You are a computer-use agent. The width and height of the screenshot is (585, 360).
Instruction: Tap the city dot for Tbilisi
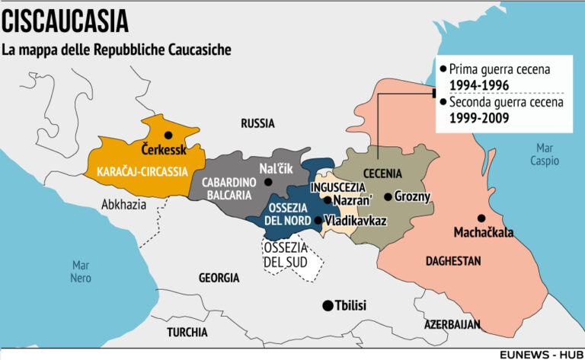click(327, 305)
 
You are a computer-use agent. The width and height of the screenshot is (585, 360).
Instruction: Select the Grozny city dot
click(388, 196)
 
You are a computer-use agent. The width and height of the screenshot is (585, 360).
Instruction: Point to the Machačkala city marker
click(481, 218)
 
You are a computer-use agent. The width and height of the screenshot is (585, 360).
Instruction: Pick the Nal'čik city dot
click(268, 182)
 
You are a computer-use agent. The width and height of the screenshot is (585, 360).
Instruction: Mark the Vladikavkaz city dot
click(318, 221)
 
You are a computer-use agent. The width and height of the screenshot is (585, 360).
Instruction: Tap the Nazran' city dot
click(327, 200)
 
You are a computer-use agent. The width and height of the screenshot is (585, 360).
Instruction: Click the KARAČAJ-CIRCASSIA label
click(142, 171)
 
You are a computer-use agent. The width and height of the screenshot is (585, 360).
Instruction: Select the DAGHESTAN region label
click(453, 261)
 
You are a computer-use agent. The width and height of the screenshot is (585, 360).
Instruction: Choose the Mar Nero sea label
click(81, 272)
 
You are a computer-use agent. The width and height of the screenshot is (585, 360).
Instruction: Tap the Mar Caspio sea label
click(545, 155)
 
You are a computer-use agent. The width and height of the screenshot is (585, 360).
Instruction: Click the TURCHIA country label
click(187, 332)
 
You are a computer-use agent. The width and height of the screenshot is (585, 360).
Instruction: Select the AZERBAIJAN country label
click(452, 323)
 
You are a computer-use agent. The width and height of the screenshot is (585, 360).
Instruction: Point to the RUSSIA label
click(257, 123)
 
